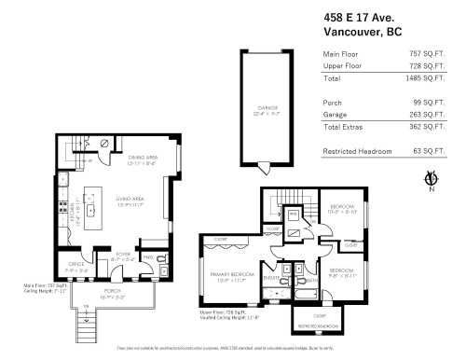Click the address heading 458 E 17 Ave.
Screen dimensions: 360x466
coord(360,16)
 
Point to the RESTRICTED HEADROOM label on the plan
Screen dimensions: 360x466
coord(319,326)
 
